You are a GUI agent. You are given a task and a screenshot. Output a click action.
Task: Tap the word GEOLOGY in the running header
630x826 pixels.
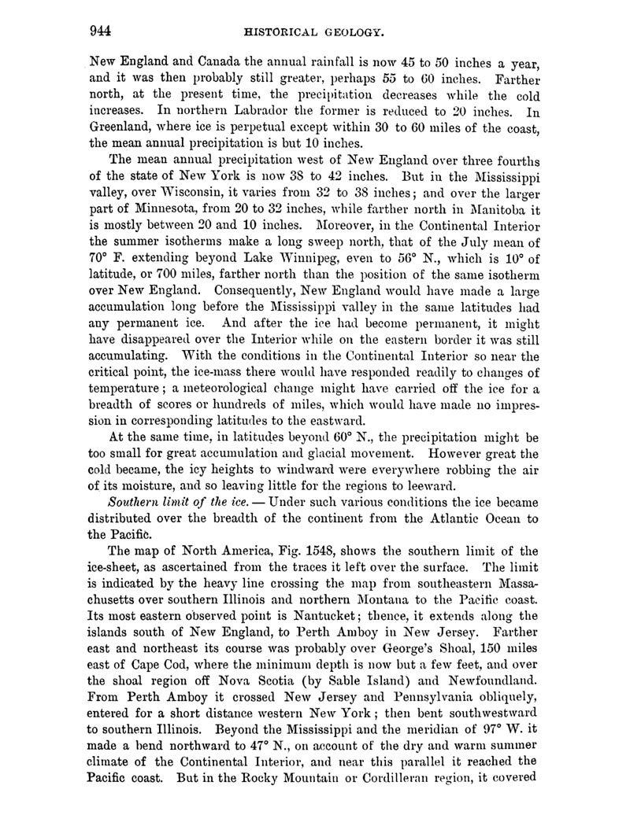[354, 33]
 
